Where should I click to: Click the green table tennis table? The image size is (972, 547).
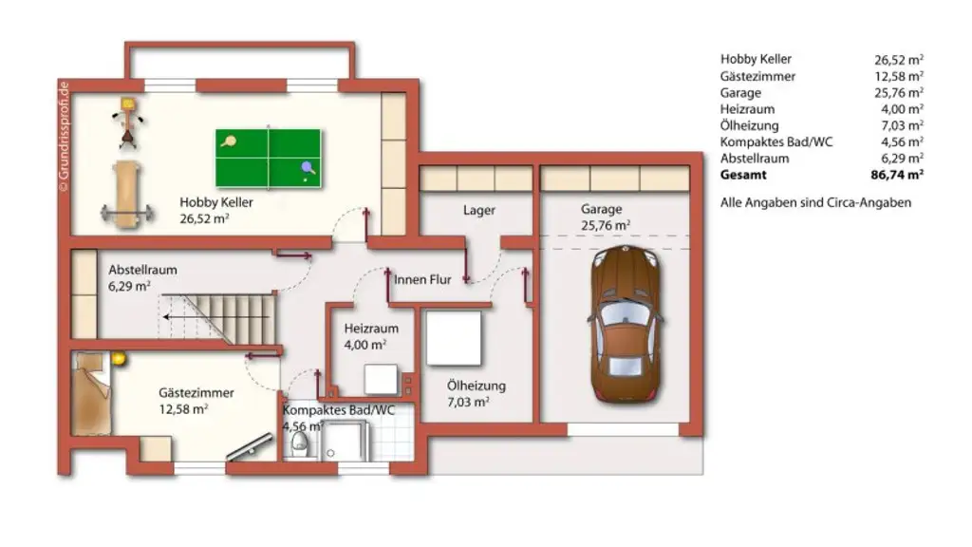pos(270,158)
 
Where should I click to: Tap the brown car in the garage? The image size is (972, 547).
pos(625,323)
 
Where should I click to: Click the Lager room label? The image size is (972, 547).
pos(478,210)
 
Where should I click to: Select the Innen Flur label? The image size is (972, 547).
pos(422,278)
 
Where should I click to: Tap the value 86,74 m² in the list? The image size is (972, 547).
pos(898,176)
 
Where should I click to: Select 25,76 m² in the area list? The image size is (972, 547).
pos(898,93)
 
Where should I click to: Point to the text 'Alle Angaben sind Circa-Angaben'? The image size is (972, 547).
pos(815,202)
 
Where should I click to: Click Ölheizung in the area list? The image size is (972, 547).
pos(749,125)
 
